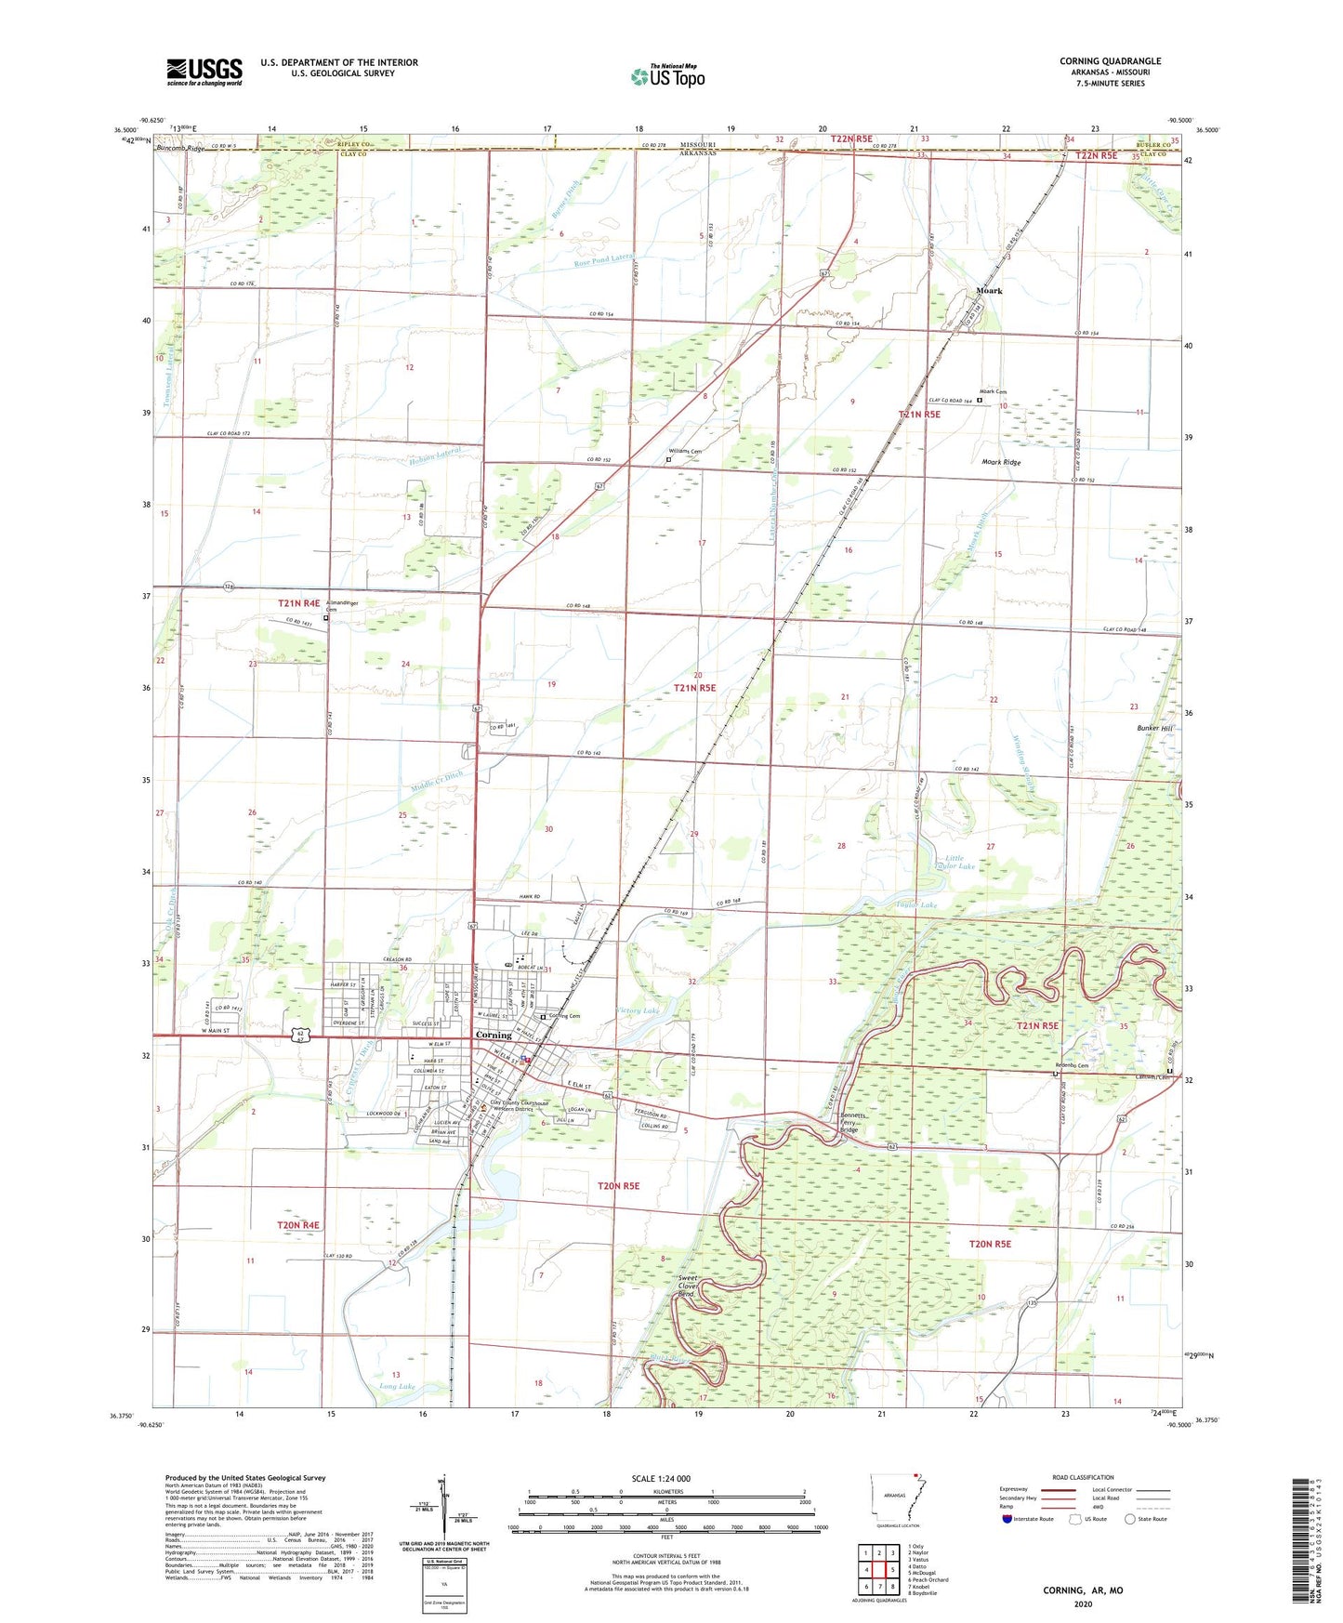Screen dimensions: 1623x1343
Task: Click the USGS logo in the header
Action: tap(204, 72)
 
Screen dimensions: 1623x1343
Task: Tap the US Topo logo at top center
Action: tap(667, 76)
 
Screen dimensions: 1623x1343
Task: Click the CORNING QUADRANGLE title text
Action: tap(1110, 61)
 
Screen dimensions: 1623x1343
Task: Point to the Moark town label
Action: tap(989, 291)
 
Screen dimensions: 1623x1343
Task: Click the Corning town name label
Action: tap(494, 1035)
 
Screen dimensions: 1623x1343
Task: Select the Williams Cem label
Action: tap(686, 451)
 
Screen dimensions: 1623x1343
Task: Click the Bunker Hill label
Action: tap(1153, 729)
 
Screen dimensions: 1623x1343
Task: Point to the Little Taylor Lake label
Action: tap(960, 862)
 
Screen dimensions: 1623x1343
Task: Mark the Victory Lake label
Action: tap(639, 1009)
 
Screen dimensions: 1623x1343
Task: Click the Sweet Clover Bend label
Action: tap(688, 1287)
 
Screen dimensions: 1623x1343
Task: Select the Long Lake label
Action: tap(397, 1386)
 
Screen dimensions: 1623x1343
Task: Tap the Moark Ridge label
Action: tap(1001, 462)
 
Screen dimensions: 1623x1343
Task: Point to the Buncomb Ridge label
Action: tap(180, 149)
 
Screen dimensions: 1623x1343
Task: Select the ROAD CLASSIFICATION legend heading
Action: tap(1083, 1477)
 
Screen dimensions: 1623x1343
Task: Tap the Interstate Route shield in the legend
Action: tap(1007, 1519)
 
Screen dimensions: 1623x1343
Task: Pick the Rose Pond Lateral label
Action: tap(604, 259)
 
